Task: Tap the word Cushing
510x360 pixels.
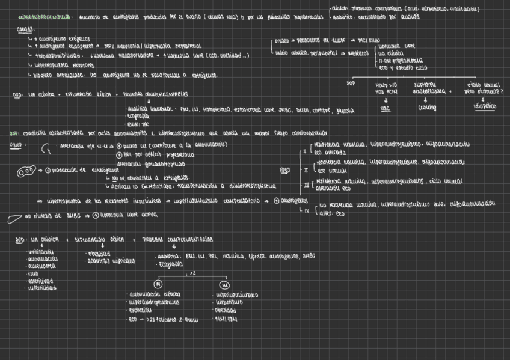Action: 426,108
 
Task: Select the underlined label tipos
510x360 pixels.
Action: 285,170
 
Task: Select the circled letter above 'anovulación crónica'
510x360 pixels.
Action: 158,284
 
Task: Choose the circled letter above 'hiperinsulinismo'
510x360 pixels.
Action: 224,284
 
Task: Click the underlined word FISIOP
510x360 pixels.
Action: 17,145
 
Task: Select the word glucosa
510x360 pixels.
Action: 345,111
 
